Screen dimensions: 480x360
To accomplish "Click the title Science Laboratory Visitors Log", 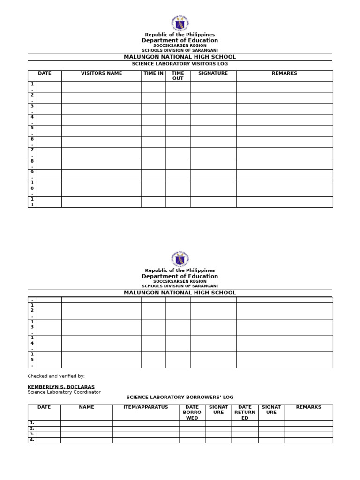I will (180, 64).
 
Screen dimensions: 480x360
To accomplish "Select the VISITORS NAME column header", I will (101, 74).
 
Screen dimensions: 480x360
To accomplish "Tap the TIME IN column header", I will (153, 74).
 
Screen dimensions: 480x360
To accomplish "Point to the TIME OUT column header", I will (178, 76).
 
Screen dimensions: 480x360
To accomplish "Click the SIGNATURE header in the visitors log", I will (213, 74).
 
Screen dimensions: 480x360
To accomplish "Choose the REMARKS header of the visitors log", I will (284, 74).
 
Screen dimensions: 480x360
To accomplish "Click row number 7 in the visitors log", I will (32, 152).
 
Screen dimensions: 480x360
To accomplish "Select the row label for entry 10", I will (32, 188).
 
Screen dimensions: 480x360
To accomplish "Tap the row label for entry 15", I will (32, 360).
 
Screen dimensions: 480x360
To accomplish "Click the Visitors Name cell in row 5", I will (101, 130).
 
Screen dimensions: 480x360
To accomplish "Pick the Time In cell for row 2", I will (153, 97).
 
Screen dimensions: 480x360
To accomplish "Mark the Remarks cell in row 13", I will (284, 327).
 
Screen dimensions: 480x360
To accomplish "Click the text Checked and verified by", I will (56, 376).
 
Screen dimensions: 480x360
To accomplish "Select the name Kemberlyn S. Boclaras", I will (61, 387).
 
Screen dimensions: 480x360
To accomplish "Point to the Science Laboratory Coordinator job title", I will (64, 392).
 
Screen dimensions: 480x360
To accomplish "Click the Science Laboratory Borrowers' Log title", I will (180, 397).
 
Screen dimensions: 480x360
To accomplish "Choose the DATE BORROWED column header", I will (192, 412).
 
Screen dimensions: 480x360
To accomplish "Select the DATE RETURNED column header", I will (245, 412).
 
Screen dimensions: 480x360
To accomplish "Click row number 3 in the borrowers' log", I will (32, 435).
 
